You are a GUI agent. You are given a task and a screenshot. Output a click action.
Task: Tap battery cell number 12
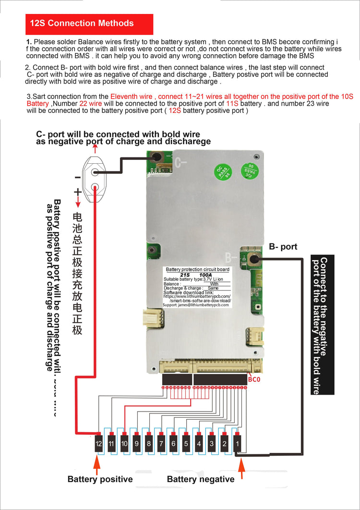point(99,444)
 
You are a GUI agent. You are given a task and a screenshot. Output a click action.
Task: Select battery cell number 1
point(237,444)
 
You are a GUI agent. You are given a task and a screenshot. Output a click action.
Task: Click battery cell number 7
point(161,444)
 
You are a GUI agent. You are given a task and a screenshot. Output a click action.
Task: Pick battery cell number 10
point(124,444)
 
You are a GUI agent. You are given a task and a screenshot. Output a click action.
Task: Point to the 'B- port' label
point(283,247)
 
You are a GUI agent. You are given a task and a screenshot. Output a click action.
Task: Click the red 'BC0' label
point(254,380)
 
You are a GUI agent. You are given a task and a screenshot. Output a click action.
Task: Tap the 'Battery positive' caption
point(100,479)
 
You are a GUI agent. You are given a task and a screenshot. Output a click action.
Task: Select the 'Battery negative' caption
point(201,479)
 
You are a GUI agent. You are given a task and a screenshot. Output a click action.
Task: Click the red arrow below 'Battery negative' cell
point(241,468)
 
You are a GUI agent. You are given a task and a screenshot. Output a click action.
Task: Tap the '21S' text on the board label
point(185,275)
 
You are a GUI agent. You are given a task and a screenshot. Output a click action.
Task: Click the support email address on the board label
point(196,305)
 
